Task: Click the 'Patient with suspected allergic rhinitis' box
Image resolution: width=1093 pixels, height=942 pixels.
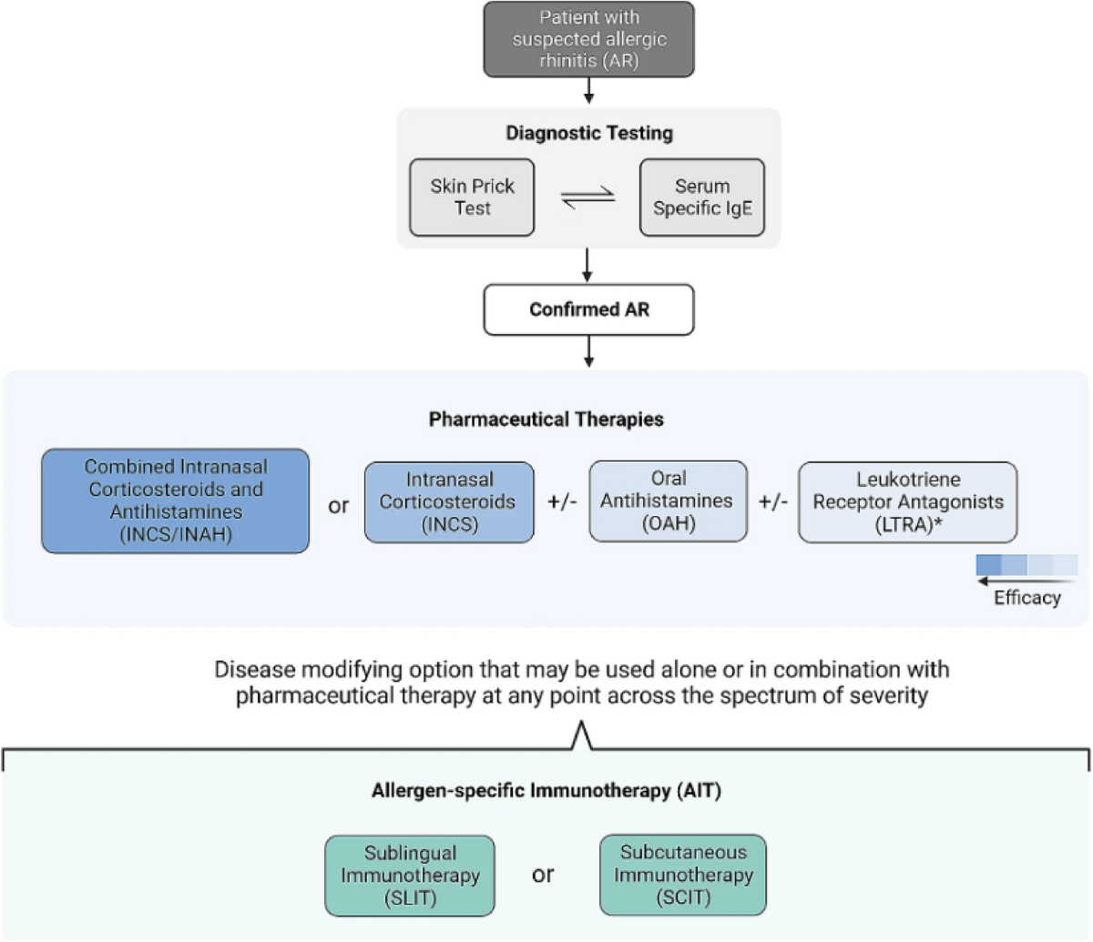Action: coord(588,39)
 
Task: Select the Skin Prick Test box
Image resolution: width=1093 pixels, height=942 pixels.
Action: coord(472,198)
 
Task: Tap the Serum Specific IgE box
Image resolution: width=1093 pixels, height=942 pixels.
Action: coord(701,198)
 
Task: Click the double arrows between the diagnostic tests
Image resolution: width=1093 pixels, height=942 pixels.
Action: coord(587,198)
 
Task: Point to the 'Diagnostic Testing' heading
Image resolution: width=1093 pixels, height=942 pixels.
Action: coord(588,133)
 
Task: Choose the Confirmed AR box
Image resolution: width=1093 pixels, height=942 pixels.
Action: coord(588,309)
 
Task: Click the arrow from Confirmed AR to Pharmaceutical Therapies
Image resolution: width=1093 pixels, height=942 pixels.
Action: coord(588,351)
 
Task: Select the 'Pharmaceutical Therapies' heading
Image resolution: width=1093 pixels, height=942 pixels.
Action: coord(546,420)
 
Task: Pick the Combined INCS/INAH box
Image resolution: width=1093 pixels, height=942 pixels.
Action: coord(176,501)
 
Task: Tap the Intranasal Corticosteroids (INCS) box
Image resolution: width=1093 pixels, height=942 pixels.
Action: coord(448,501)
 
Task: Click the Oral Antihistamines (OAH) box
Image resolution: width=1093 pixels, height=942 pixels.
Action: coord(668,501)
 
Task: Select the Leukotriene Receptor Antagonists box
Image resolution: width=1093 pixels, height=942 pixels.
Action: coord(907,501)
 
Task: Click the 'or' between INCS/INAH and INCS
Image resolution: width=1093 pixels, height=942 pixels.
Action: coord(338,505)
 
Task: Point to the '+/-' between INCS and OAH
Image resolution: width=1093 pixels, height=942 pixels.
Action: coord(562,502)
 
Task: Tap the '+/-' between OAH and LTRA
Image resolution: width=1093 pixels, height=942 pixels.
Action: coord(773,502)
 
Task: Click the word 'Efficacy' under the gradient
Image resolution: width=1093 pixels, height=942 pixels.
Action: coord(1027,598)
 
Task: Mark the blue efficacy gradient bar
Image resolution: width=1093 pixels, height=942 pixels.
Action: coord(1027,564)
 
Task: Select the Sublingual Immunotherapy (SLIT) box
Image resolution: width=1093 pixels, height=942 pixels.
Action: coord(410,876)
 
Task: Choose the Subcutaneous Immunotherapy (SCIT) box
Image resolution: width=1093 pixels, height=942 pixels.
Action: coord(682,875)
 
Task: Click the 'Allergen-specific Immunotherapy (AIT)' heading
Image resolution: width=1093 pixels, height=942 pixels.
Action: coord(546,790)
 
